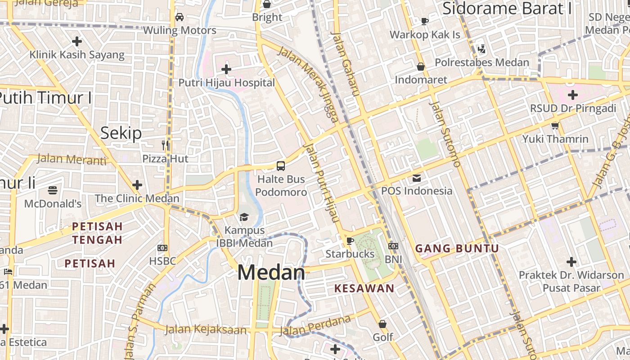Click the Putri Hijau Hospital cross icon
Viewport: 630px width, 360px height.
click(226, 69)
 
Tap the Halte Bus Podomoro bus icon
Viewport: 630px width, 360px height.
click(281, 166)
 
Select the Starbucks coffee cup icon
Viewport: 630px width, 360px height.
click(350, 241)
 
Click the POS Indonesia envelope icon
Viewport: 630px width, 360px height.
click(417, 178)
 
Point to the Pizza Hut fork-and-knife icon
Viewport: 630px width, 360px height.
click(166, 145)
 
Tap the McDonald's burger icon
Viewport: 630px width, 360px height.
click(53, 190)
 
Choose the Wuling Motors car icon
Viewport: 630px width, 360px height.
click(179, 17)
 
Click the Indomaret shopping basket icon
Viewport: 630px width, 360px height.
click(421, 67)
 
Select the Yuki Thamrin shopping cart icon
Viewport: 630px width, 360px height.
click(555, 126)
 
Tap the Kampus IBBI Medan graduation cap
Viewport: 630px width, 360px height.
click(244, 217)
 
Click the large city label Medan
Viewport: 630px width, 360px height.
click(271, 273)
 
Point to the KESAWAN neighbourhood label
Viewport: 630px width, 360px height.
click(364, 288)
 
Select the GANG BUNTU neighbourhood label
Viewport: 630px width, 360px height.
click(457, 248)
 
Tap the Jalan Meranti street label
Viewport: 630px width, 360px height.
click(72, 159)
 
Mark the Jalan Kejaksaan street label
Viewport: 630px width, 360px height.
click(206, 329)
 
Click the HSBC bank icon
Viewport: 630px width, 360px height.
click(162, 248)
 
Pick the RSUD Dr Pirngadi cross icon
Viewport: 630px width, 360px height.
click(572, 95)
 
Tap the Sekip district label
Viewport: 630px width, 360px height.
click(121, 133)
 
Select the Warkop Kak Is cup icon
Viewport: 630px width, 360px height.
click(424, 21)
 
